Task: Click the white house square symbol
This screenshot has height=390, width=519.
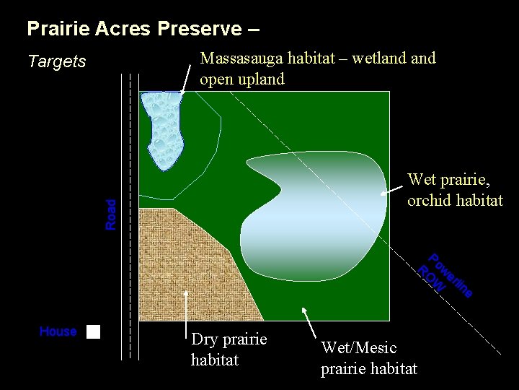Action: (x=93, y=332)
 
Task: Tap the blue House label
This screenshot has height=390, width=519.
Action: (x=58, y=331)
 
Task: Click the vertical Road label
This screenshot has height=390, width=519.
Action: (x=110, y=214)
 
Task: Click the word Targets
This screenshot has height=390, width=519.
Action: (x=56, y=61)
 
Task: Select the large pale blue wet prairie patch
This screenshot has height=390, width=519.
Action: (x=317, y=217)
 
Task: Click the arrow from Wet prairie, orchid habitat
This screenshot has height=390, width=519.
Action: (x=393, y=189)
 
